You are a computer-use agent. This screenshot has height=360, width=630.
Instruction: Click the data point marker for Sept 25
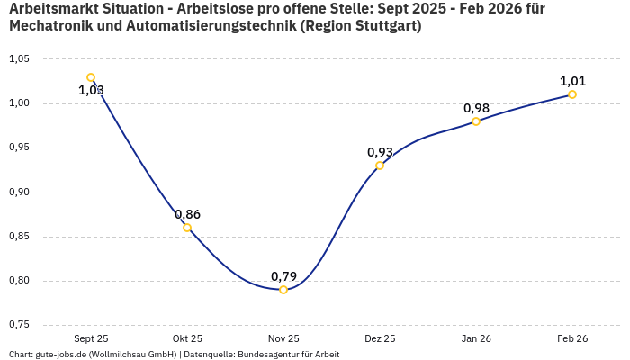(x=91, y=77)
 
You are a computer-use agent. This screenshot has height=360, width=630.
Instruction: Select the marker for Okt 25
(x=187, y=228)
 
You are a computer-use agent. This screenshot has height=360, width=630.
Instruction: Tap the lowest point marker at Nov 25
(x=283, y=290)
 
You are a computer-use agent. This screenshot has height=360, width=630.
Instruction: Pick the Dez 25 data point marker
(x=380, y=166)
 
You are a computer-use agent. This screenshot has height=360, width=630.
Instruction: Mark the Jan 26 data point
(x=476, y=121)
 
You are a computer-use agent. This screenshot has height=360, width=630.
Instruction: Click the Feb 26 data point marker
(x=572, y=94)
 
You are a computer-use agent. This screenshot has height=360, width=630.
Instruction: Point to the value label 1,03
(x=91, y=90)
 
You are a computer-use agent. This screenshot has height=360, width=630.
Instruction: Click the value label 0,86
(x=187, y=214)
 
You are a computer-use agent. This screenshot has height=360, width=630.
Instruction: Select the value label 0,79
(x=283, y=275)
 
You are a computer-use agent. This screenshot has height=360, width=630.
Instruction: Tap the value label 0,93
(x=380, y=152)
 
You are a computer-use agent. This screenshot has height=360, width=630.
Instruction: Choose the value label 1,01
(x=572, y=81)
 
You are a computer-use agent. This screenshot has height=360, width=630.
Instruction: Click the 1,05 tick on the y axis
(x=19, y=59)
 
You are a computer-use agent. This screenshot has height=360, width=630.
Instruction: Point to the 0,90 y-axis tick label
(x=19, y=193)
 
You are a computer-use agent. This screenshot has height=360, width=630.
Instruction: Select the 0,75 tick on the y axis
(x=19, y=325)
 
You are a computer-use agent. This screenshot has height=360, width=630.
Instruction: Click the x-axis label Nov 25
(x=283, y=339)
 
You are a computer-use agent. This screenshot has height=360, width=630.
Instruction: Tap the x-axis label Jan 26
(x=476, y=339)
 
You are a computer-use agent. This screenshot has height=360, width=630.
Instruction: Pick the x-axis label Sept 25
(x=91, y=339)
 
